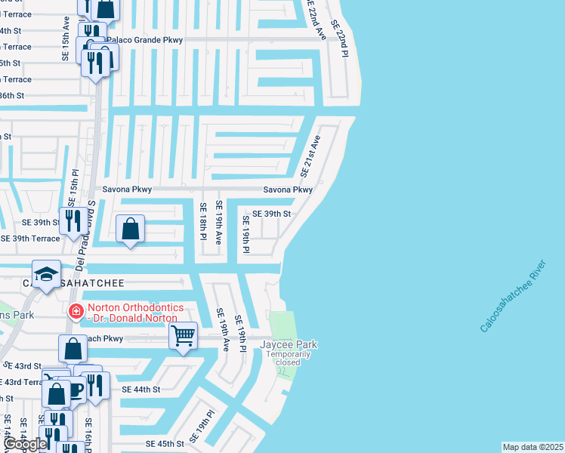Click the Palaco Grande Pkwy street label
[144, 39]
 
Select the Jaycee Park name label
[289, 345]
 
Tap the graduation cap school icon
[46, 273]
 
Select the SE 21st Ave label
[310, 156]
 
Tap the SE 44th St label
[141, 390]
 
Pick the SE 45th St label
[165, 444]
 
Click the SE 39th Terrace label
[30, 239]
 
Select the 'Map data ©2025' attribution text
[533, 447]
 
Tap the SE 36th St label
[12, 96]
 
